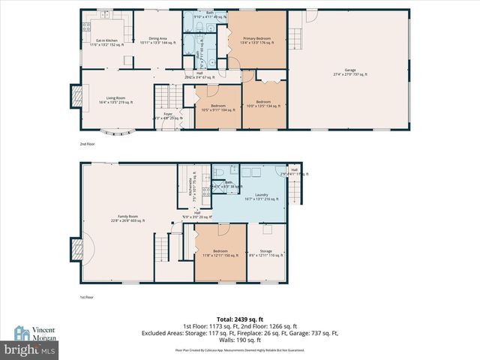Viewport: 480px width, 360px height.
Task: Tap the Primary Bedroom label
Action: (x=257, y=39)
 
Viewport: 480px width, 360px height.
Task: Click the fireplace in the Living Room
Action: (x=76, y=97)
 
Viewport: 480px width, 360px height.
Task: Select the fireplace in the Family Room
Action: (x=76, y=248)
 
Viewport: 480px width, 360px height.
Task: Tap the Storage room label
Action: (x=266, y=253)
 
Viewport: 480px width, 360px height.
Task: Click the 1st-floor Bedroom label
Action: (x=220, y=253)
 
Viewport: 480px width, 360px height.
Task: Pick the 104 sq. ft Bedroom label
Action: (x=218, y=107)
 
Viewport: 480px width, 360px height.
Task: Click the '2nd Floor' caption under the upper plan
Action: (x=88, y=143)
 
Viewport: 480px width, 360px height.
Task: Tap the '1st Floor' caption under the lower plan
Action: (x=88, y=298)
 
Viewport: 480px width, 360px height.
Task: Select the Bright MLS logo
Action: (x=30, y=349)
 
